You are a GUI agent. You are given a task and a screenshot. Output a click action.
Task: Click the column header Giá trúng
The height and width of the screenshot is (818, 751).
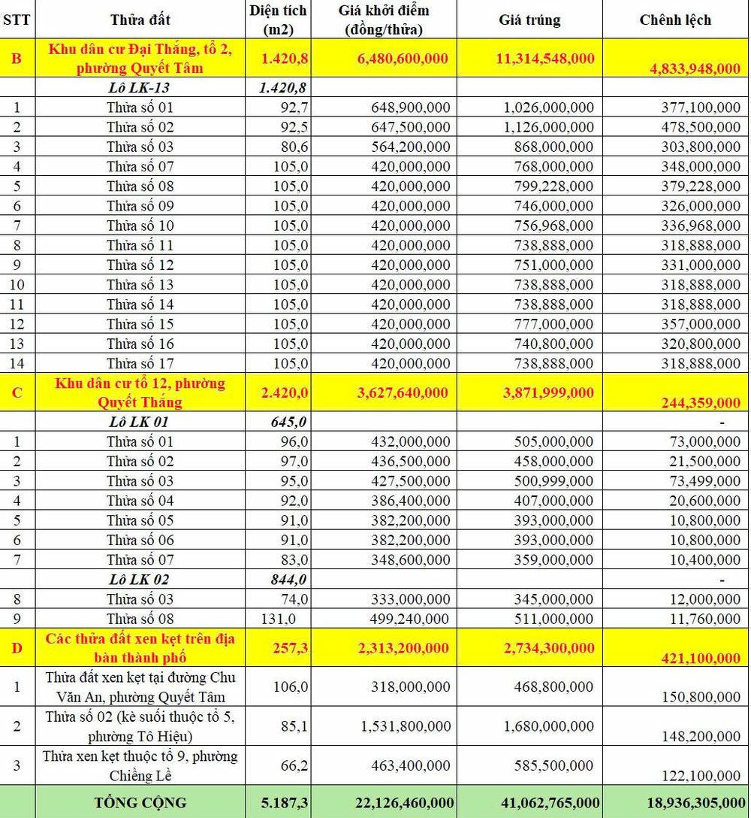(529, 20)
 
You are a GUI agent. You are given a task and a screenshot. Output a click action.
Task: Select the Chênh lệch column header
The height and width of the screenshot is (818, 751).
(675, 20)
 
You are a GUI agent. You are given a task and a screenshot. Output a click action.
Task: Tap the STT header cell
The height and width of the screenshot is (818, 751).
(17, 20)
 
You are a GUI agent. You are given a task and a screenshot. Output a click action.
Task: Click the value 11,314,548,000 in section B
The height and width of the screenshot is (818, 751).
(545, 59)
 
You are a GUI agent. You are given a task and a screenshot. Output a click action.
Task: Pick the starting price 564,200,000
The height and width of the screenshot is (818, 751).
(410, 147)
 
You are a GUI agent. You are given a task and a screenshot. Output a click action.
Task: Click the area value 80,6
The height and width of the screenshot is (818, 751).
(294, 147)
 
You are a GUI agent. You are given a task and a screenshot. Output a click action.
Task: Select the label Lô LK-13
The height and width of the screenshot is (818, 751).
(140, 88)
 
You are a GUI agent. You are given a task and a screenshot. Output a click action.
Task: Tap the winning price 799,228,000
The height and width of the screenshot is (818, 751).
(550, 186)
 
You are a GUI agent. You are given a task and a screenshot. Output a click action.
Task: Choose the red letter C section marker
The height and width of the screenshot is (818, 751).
(17, 392)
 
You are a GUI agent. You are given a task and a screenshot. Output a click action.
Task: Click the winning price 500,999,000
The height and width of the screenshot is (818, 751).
(550, 480)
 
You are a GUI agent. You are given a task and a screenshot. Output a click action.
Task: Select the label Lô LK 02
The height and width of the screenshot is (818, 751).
(140, 579)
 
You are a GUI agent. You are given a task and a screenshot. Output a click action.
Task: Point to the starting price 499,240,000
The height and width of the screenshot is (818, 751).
(410, 619)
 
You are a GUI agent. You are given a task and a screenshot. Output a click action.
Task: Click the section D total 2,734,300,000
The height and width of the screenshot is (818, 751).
(545, 648)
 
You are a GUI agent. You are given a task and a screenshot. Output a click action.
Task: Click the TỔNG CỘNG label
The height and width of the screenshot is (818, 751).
(140, 802)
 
